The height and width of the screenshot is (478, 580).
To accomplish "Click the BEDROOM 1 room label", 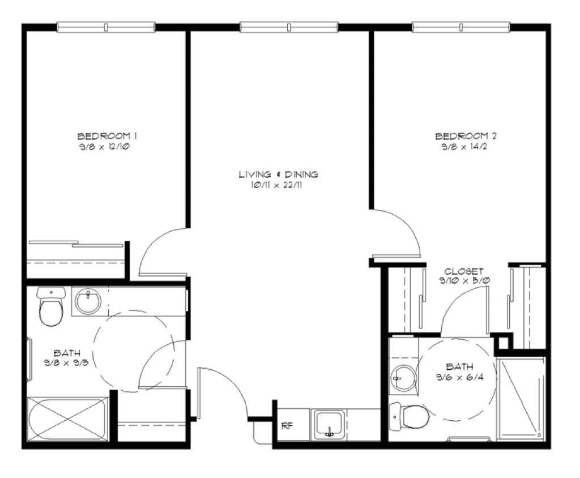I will [108, 136].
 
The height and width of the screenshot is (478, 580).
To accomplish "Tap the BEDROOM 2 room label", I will [466, 136].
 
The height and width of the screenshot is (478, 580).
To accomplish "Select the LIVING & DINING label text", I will [278, 174].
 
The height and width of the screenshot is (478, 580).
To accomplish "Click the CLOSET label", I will [464, 271].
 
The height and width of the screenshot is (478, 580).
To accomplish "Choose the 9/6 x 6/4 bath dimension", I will [459, 377].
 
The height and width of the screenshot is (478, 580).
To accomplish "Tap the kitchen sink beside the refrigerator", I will [329, 425].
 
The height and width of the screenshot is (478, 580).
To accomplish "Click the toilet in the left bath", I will [51, 309].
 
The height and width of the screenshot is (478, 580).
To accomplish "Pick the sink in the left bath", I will [88, 302].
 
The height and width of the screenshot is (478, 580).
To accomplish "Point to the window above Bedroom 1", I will [106, 27].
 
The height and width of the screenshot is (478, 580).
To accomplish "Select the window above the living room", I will [289, 27].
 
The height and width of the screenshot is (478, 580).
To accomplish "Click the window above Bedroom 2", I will [460, 27].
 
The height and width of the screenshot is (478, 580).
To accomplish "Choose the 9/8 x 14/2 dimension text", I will [466, 147].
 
